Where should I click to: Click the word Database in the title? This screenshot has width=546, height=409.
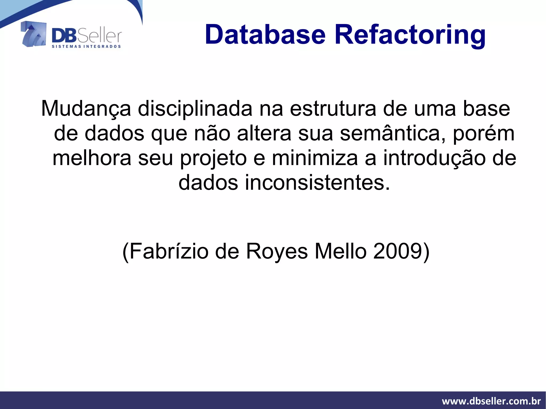coord(265,35)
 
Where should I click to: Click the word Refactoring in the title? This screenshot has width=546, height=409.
coord(410,35)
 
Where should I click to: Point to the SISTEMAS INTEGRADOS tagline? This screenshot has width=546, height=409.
coord(86,46)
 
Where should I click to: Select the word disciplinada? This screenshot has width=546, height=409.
coord(195,109)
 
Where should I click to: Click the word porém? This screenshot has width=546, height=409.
coord(484,133)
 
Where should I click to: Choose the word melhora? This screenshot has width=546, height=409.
coord(92,158)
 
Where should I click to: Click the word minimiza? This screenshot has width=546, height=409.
coord(315,158)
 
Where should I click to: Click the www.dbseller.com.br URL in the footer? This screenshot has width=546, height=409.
coord(491,401)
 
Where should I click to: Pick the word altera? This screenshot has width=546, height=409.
coord(264,133)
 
